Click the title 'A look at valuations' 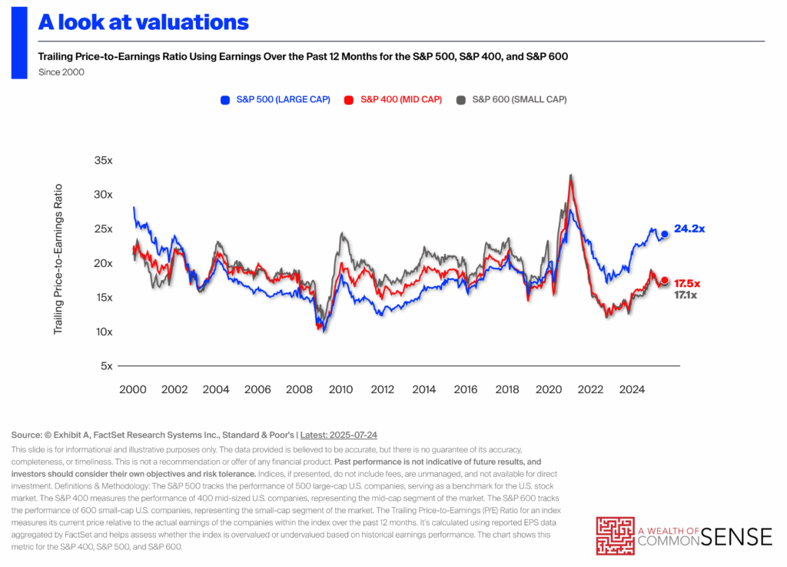(x=144, y=22)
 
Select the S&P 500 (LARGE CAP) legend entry (x=275, y=99)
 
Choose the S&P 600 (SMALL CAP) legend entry (x=512, y=99)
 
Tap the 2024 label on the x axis (x=633, y=390)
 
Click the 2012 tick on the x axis (x=383, y=390)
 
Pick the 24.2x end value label (x=689, y=229)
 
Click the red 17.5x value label (x=689, y=282)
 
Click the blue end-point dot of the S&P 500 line (x=665, y=234)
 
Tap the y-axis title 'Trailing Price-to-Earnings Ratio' (x=58, y=258)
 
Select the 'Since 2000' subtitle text (x=61, y=72)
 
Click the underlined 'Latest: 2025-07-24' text (x=350, y=435)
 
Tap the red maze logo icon (x=616, y=536)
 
